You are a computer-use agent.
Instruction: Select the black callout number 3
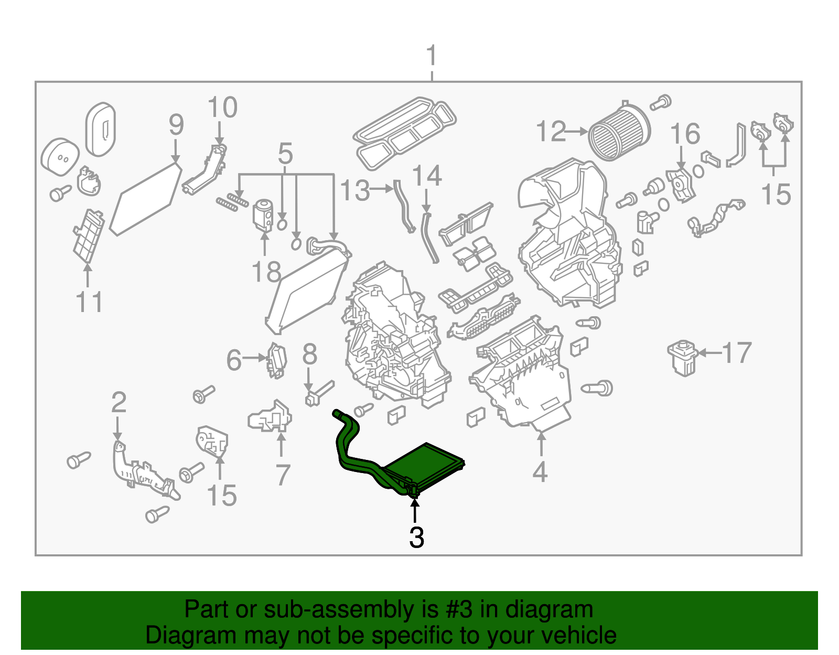(x=416, y=538)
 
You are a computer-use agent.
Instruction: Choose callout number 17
(x=737, y=353)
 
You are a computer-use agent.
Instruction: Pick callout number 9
(x=176, y=125)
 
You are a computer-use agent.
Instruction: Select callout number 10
(x=222, y=108)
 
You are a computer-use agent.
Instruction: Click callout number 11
(x=89, y=303)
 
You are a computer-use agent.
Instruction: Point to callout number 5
(x=285, y=154)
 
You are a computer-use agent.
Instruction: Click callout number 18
(x=266, y=272)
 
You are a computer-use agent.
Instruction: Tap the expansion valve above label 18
(x=263, y=215)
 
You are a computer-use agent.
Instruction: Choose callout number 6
(x=234, y=360)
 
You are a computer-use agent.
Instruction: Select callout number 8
(x=309, y=355)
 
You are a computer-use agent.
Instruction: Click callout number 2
(x=119, y=402)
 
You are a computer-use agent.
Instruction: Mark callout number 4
(x=540, y=472)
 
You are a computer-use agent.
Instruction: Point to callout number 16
(x=685, y=134)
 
